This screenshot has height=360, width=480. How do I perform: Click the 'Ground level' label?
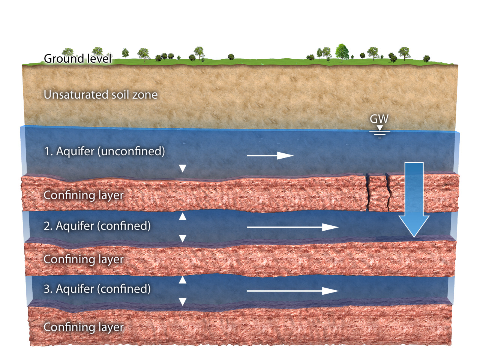(x=78, y=58)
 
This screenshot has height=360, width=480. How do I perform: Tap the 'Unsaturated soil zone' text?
(x=100, y=94)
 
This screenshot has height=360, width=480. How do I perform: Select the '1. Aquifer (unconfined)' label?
(x=104, y=151)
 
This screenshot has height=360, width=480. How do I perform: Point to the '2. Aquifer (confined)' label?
(x=97, y=226)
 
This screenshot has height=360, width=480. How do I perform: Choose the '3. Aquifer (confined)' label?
(x=97, y=289)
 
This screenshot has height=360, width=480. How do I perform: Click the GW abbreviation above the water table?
(x=379, y=119)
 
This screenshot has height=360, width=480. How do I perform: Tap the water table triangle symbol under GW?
(x=380, y=128)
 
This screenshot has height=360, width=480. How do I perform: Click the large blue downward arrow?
(x=414, y=199)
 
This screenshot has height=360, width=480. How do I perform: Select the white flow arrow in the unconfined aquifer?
(x=270, y=155)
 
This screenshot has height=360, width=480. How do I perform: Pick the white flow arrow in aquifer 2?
(x=292, y=227)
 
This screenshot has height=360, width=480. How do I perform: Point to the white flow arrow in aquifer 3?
(x=292, y=291)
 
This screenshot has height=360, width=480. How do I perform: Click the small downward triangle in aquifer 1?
(x=183, y=168)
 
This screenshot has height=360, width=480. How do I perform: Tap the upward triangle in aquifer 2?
(x=183, y=216)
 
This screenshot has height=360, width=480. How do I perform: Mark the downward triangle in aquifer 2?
(x=183, y=238)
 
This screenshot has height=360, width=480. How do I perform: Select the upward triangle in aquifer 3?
(x=183, y=279)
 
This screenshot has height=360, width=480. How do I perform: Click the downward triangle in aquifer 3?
(x=183, y=302)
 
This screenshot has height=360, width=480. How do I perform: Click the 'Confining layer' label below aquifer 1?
(x=84, y=195)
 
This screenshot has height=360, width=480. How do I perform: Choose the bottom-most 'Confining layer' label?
(x=84, y=327)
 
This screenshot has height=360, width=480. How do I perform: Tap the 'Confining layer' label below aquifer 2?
(x=84, y=259)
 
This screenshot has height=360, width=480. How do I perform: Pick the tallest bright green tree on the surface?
(x=342, y=52)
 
